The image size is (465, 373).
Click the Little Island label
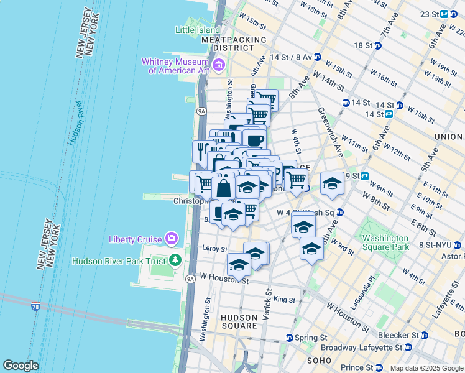pos(198,30)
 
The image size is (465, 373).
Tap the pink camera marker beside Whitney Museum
pos(218,65)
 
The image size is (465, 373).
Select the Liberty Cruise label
pos(136,239)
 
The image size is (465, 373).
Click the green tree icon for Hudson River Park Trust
pos(177,260)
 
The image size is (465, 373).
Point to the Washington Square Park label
pos(385,242)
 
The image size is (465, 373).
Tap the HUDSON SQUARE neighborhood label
pos(239,321)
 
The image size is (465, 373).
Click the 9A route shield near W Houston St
pos(190,279)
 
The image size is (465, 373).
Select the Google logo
pos(21,366)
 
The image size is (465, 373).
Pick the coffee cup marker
pos(254,139)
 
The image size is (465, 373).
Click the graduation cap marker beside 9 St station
pos(332,183)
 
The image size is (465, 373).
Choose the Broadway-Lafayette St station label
pos(368,348)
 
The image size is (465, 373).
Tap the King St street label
pos(284,300)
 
